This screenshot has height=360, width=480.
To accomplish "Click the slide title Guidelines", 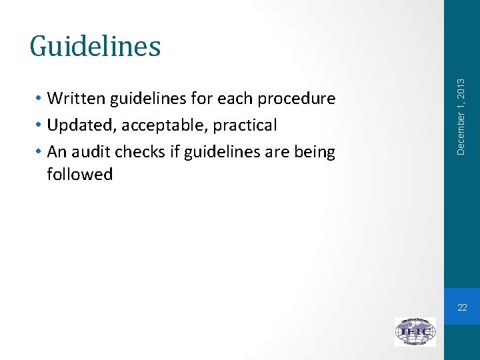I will click(95, 46).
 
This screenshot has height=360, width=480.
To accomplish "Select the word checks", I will click(138, 152).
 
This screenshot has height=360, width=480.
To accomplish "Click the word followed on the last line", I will click(80, 175).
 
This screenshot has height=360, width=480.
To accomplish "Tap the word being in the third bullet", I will click(316, 152).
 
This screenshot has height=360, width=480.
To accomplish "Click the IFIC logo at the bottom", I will click(415, 331).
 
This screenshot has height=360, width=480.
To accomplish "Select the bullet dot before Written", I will click(41, 99).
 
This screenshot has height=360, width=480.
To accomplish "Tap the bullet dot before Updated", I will click(41, 125).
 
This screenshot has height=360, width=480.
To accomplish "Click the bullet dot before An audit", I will click(41, 152).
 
